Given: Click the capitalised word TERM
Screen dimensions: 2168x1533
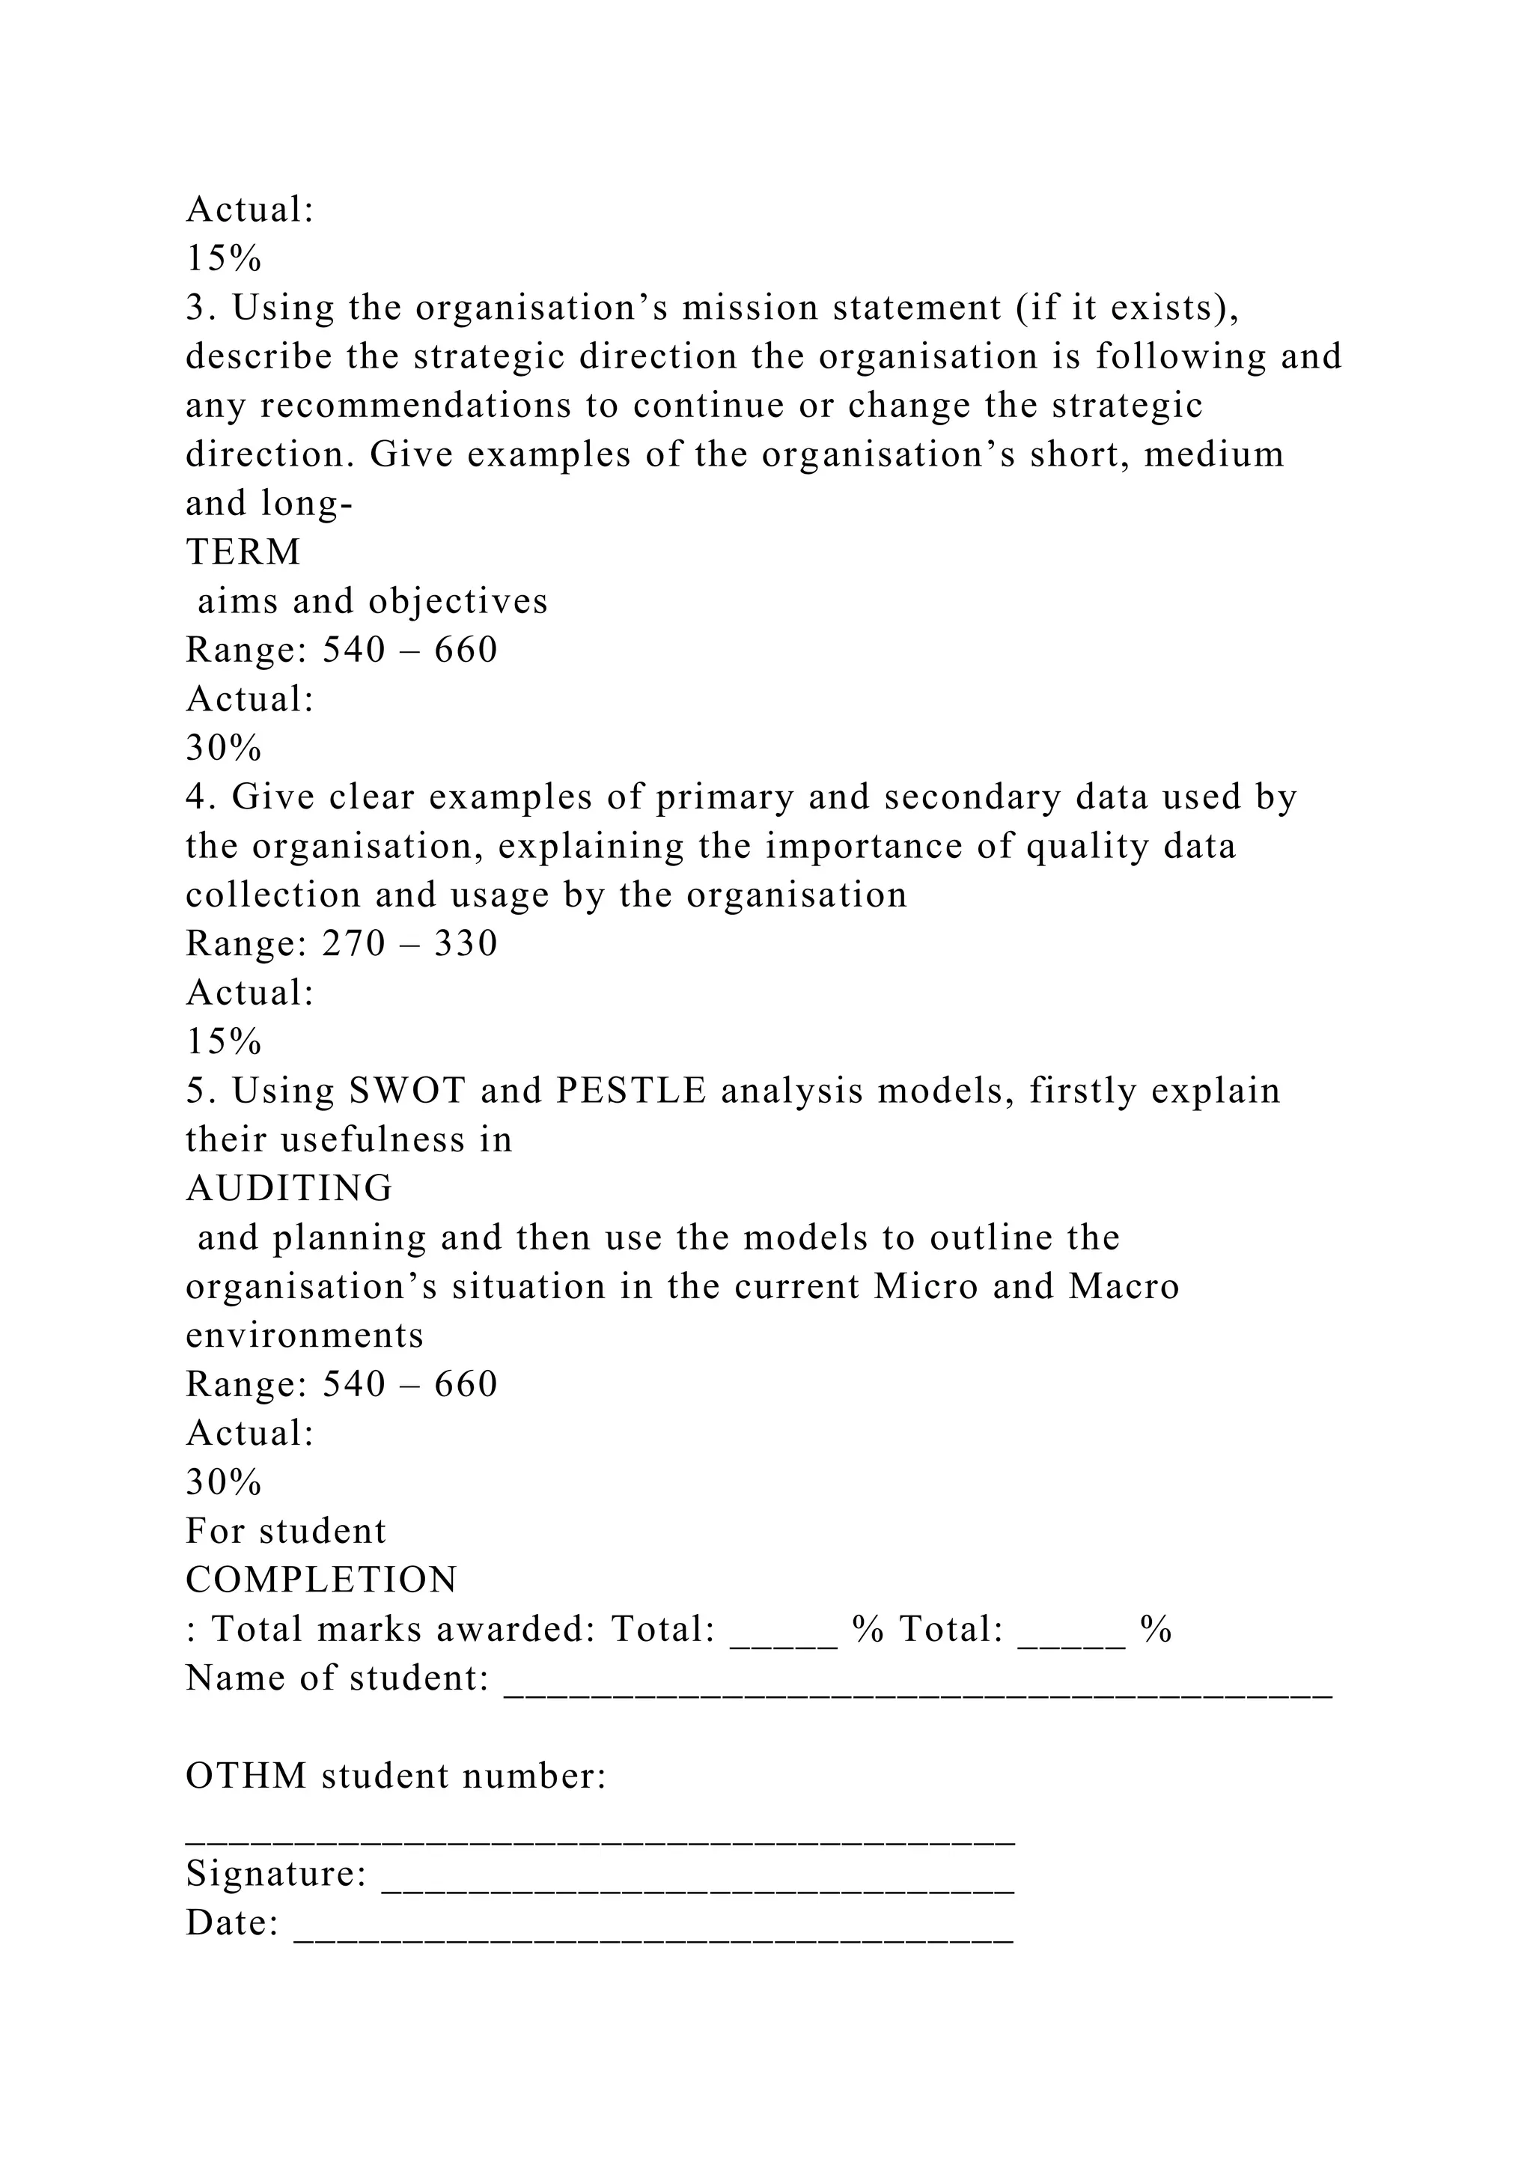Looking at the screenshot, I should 243,552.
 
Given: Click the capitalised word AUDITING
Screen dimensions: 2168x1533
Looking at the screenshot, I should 289,1189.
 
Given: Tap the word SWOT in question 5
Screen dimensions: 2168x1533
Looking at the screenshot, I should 408,1091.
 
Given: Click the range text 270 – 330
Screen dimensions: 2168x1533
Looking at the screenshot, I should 409,943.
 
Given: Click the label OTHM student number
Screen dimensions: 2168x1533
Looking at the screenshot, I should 395,1777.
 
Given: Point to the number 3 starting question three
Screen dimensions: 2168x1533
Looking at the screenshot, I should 195,308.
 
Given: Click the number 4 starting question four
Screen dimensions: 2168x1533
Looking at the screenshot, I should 195,797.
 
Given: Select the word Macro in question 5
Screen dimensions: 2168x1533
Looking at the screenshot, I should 1124,1287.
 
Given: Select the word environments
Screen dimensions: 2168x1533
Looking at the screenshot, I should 305,1336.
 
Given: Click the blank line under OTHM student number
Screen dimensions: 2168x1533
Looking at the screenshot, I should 600,1838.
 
